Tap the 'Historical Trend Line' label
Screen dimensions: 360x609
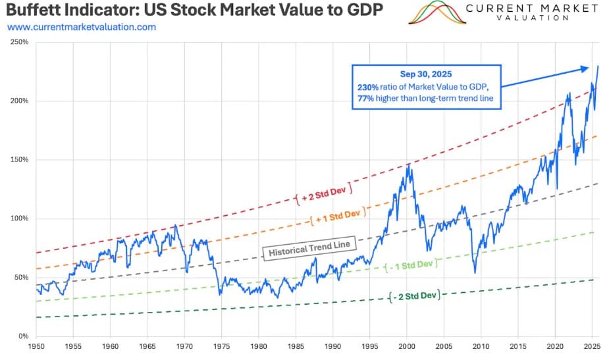[x=309, y=249]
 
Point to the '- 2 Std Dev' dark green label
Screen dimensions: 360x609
[x=413, y=296]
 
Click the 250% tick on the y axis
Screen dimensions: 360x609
[x=20, y=42]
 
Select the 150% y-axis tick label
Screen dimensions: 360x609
[x=20, y=160]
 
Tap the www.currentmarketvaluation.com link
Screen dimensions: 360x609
[x=82, y=27]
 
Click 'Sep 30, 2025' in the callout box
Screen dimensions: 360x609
[x=426, y=74]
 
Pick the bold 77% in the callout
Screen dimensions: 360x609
[x=369, y=97]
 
